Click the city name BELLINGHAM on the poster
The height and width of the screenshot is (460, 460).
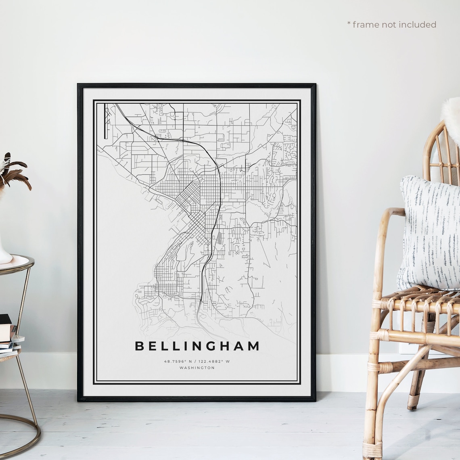tap(197, 346)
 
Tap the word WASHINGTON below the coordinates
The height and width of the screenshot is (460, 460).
tap(197, 368)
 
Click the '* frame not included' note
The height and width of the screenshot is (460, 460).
tap(391, 25)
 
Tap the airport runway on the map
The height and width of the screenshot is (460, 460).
tap(106, 121)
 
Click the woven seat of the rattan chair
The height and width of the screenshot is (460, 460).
tap(420, 299)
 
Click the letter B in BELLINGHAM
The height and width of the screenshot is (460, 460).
tap(139, 346)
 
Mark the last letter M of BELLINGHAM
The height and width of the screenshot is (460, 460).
tap(254, 346)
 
